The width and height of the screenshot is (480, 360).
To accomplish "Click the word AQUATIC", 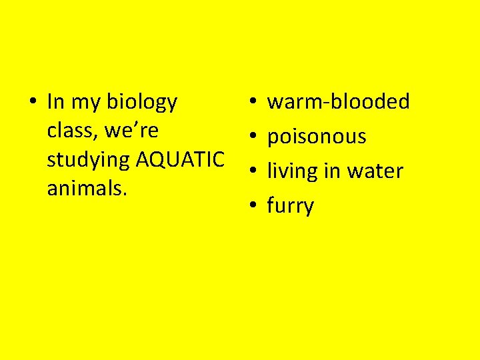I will (x=180, y=160).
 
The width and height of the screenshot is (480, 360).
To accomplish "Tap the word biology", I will (x=142, y=103).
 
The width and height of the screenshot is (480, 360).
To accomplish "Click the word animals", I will (x=84, y=189).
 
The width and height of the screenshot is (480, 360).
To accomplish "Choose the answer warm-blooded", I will (x=338, y=102).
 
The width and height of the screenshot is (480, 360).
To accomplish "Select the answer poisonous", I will (x=317, y=137).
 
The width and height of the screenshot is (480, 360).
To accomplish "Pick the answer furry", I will (x=290, y=207).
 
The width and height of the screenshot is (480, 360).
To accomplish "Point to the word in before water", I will (x=331, y=171).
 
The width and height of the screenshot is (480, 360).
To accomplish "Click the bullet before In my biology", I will (x=32, y=103).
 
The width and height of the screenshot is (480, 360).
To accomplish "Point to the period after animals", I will (x=125, y=195).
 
